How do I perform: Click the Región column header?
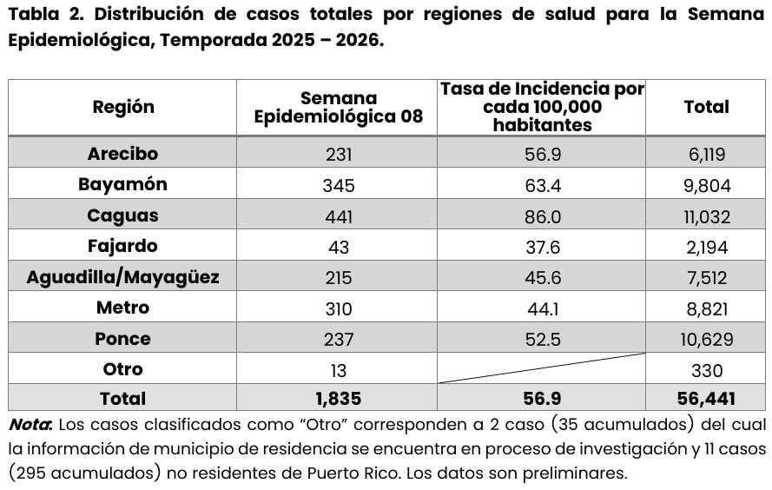[x=122, y=107]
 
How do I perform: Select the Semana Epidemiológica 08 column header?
[x=338, y=107]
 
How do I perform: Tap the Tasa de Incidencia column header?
[x=543, y=107]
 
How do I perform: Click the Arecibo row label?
[x=122, y=154]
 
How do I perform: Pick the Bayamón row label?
[x=122, y=184]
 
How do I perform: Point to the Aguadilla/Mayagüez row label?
[x=122, y=277]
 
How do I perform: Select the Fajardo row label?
[x=122, y=246]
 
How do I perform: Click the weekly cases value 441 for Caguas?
[x=338, y=216]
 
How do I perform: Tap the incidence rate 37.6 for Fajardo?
[x=543, y=247]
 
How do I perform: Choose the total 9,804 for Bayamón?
[x=706, y=185]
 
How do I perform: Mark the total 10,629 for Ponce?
[x=706, y=340]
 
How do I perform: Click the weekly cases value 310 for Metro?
[x=338, y=308]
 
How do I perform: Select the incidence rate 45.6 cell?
[x=543, y=278]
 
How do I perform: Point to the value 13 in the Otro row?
[x=338, y=370]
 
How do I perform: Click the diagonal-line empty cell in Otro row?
[x=543, y=368]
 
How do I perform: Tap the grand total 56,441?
[x=706, y=399]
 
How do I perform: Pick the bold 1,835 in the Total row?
[x=338, y=399]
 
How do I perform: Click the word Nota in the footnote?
[x=30, y=425]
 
